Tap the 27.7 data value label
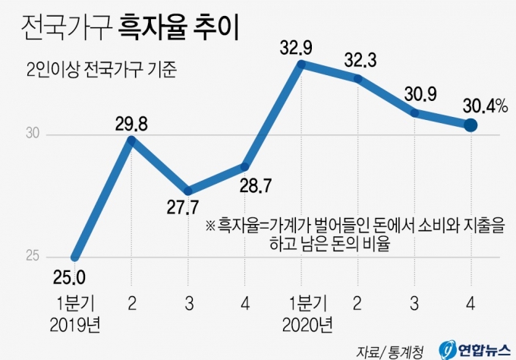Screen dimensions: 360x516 (x=187, y=207)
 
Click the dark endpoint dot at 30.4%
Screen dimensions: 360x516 (x=470, y=124)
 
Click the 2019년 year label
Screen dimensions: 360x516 (x=76, y=327)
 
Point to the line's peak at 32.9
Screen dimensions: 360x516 (x=302, y=66)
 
